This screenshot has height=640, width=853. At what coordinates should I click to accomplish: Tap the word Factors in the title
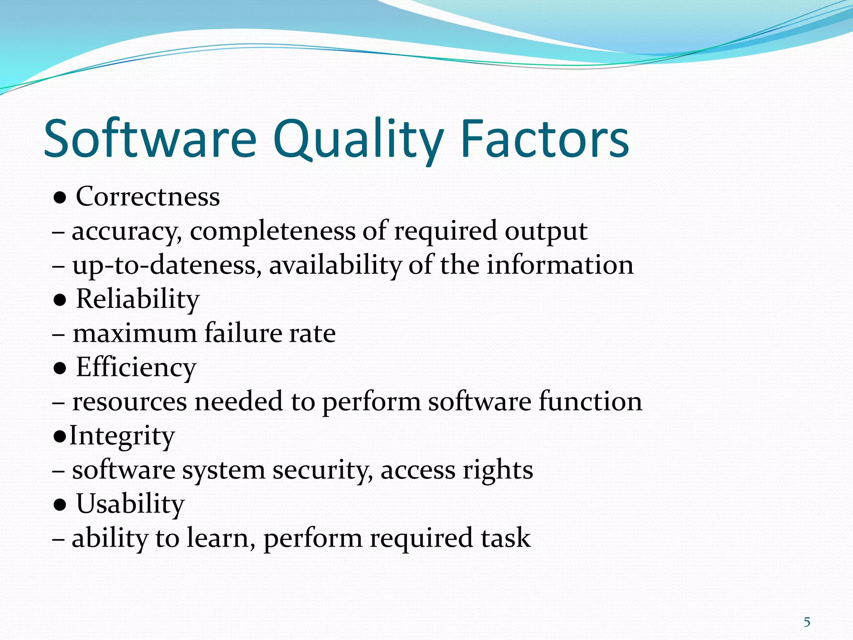[545, 140]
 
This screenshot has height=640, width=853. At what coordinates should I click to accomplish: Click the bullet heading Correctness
[147, 197]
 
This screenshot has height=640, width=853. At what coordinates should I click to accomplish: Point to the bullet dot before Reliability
[60, 300]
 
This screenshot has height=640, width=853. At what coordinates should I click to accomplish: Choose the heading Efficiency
[136, 368]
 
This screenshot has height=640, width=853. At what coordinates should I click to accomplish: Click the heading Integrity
[122, 436]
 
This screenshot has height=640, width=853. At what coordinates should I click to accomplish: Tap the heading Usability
[130, 504]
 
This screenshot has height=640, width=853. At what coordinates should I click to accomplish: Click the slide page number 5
[807, 622]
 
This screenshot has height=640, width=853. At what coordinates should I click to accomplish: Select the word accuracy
[127, 232]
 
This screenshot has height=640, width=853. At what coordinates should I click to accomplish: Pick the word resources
[130, 402]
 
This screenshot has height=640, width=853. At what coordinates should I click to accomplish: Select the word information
[560, 265]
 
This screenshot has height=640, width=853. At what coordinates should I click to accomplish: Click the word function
[590, 402]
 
